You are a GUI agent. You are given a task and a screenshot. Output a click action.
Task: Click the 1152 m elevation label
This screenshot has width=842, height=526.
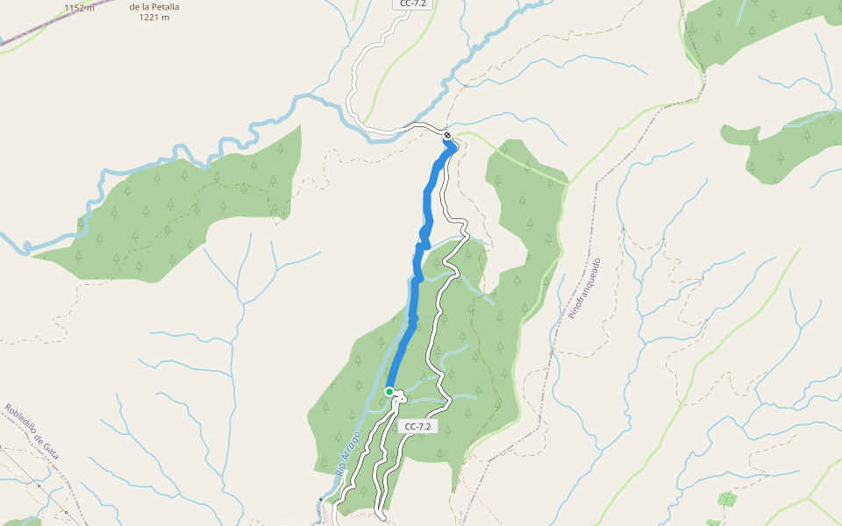click(x=79, y=8)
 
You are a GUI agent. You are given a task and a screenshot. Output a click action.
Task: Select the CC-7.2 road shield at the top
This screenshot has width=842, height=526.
click(x=412, y=4)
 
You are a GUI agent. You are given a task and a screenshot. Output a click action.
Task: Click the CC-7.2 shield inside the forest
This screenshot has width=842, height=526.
click(x=417, y=427)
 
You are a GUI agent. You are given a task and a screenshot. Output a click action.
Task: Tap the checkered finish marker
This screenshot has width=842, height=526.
click(x=447, y=136)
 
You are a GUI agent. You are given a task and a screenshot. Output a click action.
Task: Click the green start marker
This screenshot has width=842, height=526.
click(x=389, y=392)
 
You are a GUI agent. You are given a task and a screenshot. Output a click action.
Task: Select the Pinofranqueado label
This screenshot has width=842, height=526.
click(x=585, y=288)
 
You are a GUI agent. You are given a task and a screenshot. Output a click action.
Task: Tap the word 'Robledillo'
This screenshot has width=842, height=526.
click(x=22, y=423)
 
